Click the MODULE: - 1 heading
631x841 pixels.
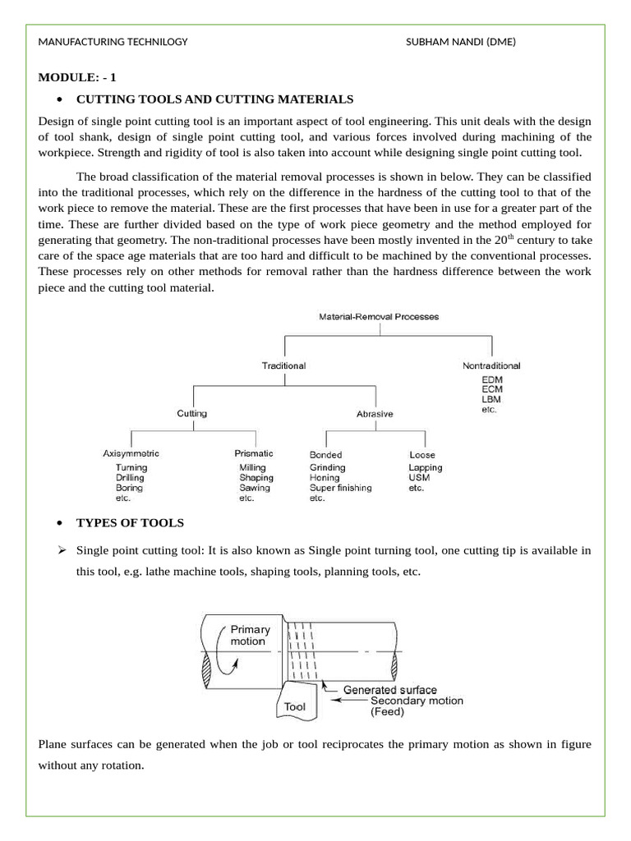tap(78, 78)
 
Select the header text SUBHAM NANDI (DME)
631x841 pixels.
tap(461, 42)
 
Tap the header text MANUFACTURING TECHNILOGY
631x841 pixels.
tap(113, 42)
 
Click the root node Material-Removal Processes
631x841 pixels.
tap(379, 316)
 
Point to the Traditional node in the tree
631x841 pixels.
tap(283, 365)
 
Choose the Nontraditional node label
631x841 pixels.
tap(491, 365)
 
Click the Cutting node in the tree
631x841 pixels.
tap(192, 414)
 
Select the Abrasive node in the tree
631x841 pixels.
tap(375, 414)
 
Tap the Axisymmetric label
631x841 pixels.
tap(131, 453)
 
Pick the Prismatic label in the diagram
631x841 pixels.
tap(254, 453)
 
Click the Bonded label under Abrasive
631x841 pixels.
tap(325, 455)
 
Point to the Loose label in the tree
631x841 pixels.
tap(422, 455)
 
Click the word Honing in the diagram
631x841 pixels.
tap(325, 477)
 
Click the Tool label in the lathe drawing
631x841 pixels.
tap(295, 705)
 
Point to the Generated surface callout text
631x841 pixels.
tap(389, 690)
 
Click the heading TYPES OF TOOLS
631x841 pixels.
tap(130, 523)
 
